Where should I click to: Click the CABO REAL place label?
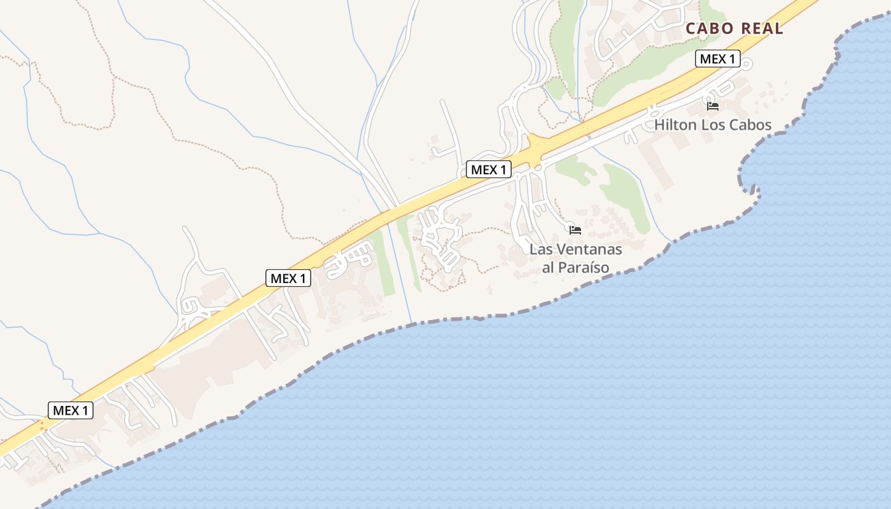(x=734, y=29)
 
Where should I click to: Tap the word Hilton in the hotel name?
(x=676, y=125)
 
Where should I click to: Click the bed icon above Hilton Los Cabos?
(x=713, y=106)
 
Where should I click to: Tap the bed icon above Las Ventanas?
(x=575, y=230)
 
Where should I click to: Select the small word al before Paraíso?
(x=548, y=267)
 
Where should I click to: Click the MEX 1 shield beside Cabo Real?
(x=717, y=59)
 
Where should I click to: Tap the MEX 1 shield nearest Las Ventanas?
(x=489, y=169)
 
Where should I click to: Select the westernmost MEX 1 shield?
(x=71, y=410)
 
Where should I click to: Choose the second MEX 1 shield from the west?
(x=288, y=278)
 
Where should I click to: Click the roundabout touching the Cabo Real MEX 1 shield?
(x=747, y=63)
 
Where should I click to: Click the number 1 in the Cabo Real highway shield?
(x=731, y=59)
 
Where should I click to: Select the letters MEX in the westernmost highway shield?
(x=66, y=410)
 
